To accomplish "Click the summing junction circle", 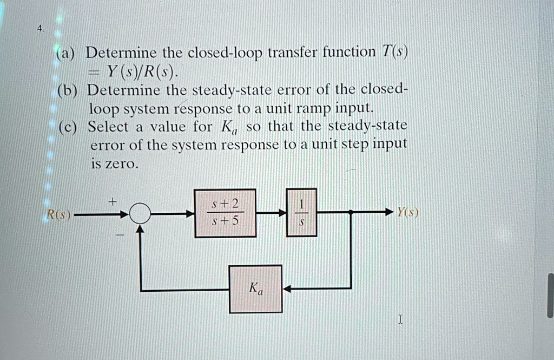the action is point(140,214).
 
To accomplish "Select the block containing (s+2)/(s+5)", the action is point(225,213).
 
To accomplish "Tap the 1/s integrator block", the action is point(301,213).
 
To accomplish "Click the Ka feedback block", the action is point(255,289).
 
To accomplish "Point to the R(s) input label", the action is point(59,214).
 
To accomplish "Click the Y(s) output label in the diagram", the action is point(408,212).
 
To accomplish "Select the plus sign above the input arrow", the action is point(113,201).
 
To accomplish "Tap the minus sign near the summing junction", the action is point(121,234).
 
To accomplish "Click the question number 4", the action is point(41,28).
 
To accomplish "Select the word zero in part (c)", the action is point(120,163).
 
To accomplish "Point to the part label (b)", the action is point(67,91).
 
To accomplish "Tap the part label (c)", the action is point(68,127).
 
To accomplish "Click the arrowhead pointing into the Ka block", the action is point(287,289).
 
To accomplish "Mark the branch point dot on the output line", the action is point(351,212).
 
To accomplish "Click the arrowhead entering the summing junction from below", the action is point(140,229).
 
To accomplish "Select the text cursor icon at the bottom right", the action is point(400,319).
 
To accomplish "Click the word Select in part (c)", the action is point(108,127).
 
